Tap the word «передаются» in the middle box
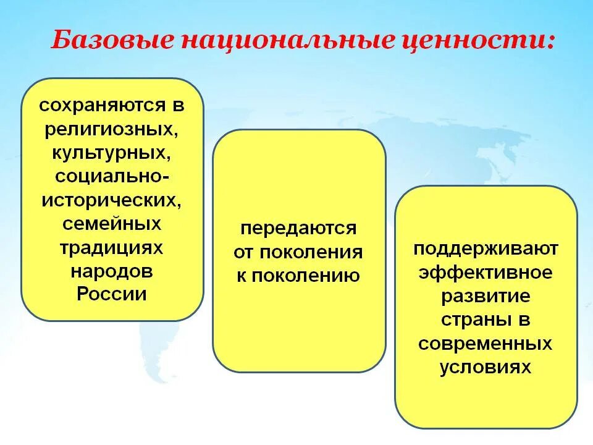pos(299,228)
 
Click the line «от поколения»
pos(299,252)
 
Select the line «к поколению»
pos(299,275)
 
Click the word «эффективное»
pos(486,272)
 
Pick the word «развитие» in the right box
pos(486,296)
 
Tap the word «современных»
pos(486,343)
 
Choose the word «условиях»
pos(486,367)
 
